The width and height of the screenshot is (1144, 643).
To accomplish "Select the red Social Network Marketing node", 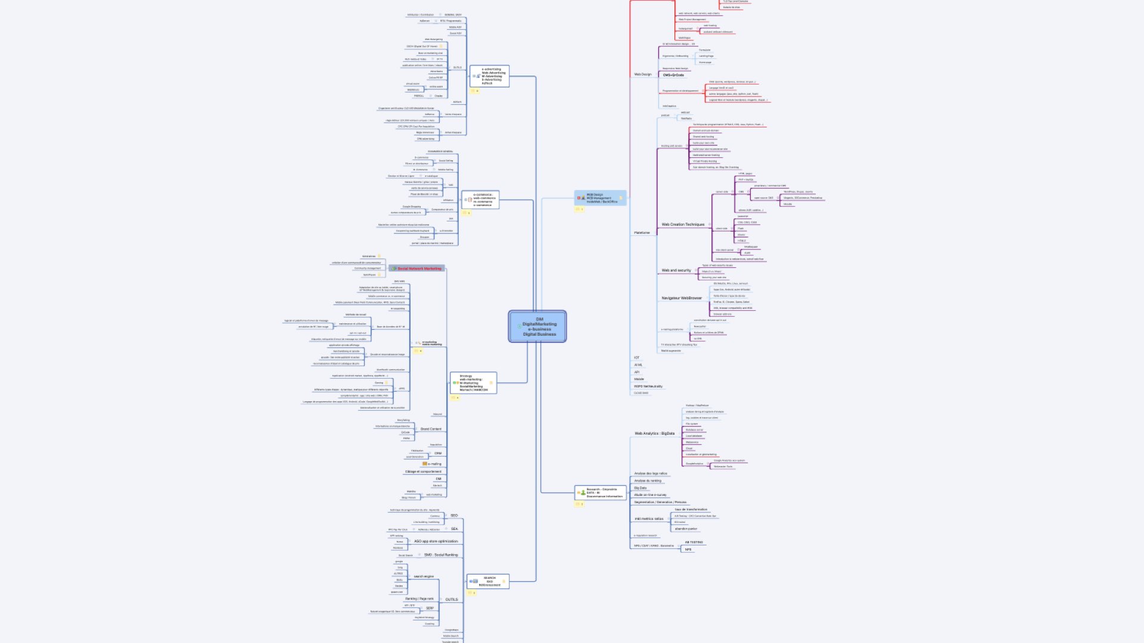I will pos(419,269).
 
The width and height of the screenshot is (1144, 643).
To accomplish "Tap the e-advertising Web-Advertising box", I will pos(490,76).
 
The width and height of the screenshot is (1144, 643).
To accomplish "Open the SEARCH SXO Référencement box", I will pos(488,581).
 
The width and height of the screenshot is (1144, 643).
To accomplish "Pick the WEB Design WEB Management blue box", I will pos(601,198).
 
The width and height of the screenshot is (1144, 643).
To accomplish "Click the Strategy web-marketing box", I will pos(473,383).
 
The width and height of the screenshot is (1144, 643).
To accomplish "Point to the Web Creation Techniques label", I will pos(683,224).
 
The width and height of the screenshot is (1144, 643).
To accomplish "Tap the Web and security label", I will pos(676,270).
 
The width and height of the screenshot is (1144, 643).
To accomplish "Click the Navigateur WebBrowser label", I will pos(682,298).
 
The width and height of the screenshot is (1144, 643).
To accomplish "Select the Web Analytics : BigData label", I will pos(654,433).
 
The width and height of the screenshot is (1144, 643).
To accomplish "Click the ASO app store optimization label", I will pos(436,541).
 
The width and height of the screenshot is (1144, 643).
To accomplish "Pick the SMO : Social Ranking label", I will pos(441,555).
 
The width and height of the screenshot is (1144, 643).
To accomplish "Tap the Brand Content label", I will pos(431,429).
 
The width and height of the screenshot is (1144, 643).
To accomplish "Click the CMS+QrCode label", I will pos(673,75).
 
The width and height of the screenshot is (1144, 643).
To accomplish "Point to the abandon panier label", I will pos(686,529).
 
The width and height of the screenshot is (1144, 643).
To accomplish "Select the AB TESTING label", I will pos(694,542).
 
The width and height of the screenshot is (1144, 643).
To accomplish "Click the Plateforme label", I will pos(642,233).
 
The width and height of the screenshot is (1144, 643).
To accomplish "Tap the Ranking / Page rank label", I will pos(419,598).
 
